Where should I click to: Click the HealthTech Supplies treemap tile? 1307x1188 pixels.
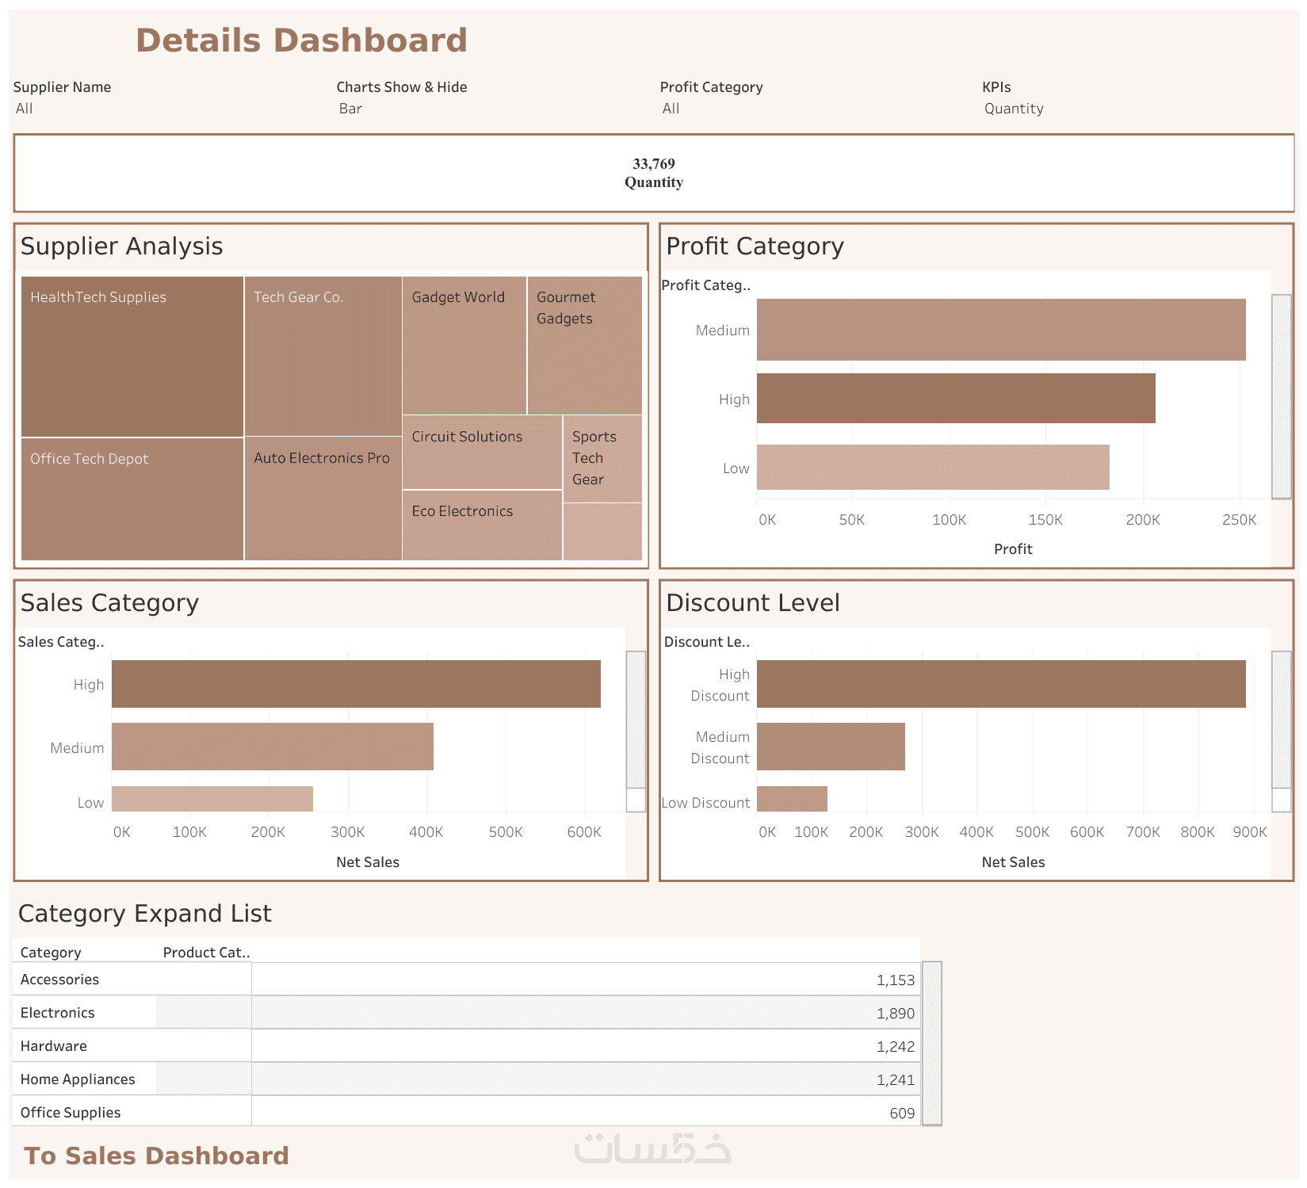132,357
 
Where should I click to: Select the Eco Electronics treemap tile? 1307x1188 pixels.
482,525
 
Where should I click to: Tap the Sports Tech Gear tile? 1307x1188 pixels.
602,458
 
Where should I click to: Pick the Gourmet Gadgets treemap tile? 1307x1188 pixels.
584,346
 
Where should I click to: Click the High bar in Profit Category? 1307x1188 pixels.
955,399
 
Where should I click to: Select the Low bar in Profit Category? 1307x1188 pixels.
932,468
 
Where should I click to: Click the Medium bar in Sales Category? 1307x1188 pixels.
272,747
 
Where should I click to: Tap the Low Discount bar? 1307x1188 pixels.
792,799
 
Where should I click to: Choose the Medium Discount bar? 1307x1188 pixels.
831,747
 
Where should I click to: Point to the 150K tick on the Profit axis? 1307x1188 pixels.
1045,520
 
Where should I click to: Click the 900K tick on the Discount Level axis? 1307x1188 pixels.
1249,832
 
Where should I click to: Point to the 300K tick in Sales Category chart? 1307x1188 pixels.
347,832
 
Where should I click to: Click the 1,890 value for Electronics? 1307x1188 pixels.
895,1014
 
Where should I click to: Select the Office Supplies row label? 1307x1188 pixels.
71,1113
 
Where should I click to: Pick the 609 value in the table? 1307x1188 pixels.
901,1114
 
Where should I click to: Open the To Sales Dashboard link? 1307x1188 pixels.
156,1156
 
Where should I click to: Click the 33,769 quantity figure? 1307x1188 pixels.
653,164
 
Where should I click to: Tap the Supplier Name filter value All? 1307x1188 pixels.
25,109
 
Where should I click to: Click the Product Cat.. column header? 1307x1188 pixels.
206,953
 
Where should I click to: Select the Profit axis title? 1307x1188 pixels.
1013,549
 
